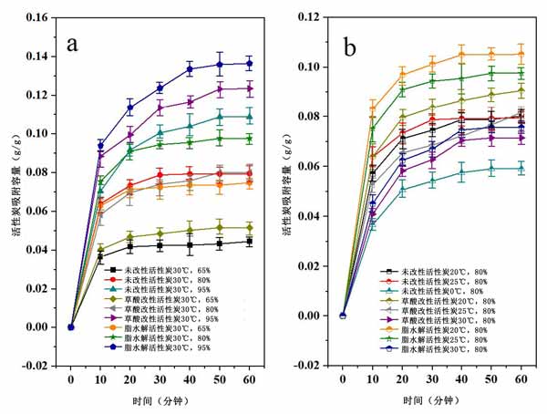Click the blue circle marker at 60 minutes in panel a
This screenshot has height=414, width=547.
pyautogui.click(x=249, y=63)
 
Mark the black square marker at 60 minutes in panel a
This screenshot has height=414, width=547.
pyautogui.click(x=249, y=242)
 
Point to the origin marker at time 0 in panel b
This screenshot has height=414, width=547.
pyautogui.click(x=344, y=316)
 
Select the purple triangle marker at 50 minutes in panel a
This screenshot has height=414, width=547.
pyautogui.click(x=219, y=89)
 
